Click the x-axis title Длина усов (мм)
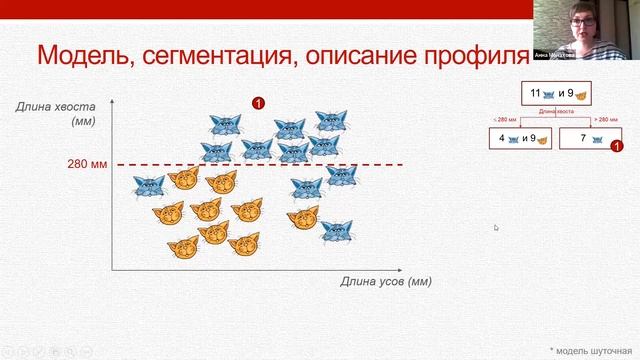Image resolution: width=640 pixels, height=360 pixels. (386, 282)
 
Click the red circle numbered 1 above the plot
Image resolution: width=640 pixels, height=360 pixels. (258, 102)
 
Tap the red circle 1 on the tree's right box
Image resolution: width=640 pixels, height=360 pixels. (616, 147)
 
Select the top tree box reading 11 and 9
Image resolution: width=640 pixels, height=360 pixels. (556, 95)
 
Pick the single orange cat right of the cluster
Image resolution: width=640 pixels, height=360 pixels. (303, 216)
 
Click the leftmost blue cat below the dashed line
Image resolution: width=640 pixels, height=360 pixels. (149, 185)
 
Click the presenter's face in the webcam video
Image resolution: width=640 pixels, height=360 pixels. (582, 22)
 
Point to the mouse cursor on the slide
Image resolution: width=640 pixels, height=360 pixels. (496, 228)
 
